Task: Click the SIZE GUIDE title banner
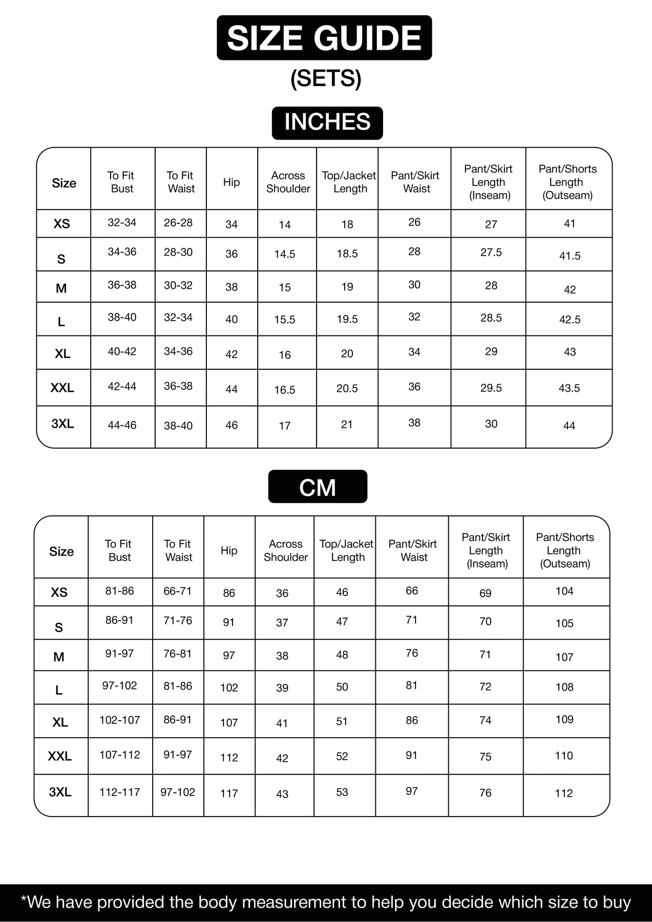click(x=324, y=38)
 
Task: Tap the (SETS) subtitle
click(x=326, y=78)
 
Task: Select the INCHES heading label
click(x=327, y=122)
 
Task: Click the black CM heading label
click(x=318, y=487)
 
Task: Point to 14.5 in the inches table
click(x=285, y=254)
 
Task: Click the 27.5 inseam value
click(x=491, y=253)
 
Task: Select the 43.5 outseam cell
click(x=569, y=388)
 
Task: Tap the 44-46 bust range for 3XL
click(x=122, y=425)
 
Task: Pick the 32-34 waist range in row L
click(x=178, y=318)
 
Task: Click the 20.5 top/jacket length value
click(x=347, y=389)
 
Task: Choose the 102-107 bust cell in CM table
click(x=119, y=720)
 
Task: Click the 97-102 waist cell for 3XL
click(x=178, y=792)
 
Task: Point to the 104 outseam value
click(x=564, y=591)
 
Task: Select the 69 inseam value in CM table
click(x=485, y=593)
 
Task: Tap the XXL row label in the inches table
click(x=62, y=388)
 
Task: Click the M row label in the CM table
click(x=59, y=657)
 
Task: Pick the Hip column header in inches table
click(x=232, y=182)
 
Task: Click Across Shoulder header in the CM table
click(x=285, y=551)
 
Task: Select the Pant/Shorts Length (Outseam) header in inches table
click(x=567, y=182)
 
